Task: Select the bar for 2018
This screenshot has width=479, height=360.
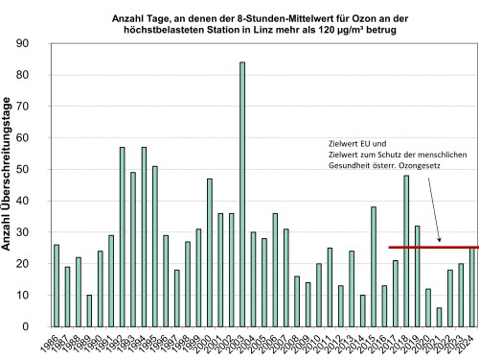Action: pos(406,251)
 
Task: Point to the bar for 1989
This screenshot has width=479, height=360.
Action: pos(89,310)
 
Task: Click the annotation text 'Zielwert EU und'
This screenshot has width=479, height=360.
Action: pos(349,142)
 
